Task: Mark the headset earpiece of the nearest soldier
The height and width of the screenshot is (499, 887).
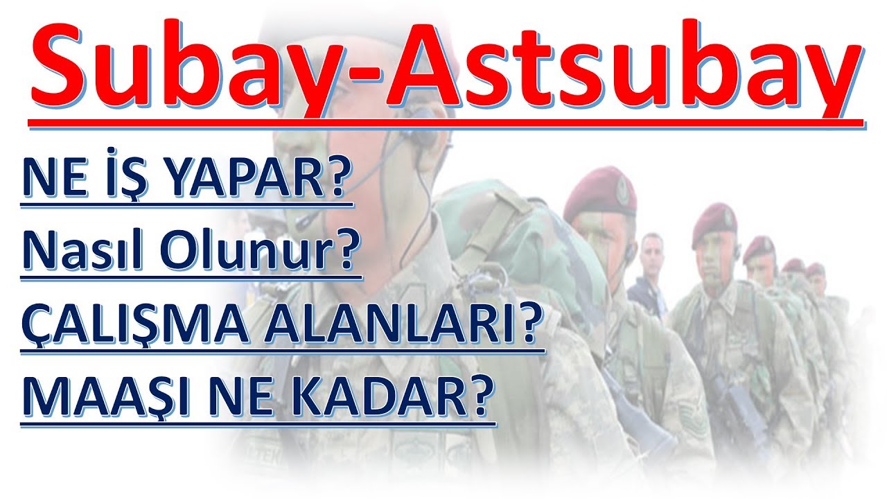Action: (x=425, y=132)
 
